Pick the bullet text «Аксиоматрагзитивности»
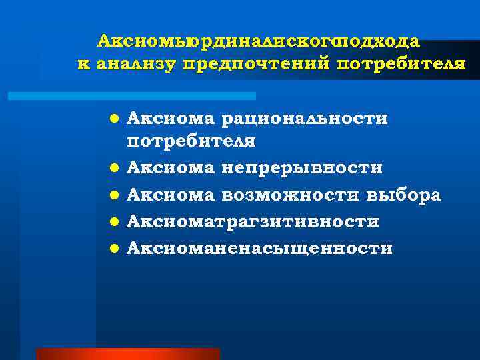pos(253,221)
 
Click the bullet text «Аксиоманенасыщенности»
pos(259,248)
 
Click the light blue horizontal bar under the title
pos(131,96)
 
